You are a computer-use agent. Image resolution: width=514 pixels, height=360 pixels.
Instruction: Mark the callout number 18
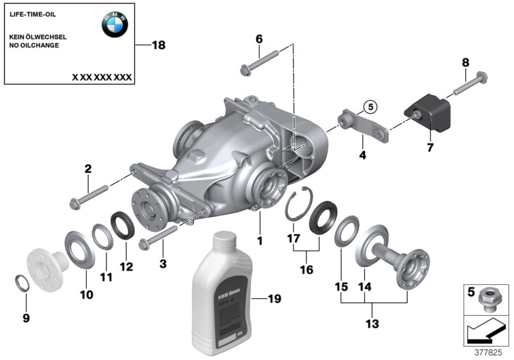pos(158,45)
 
